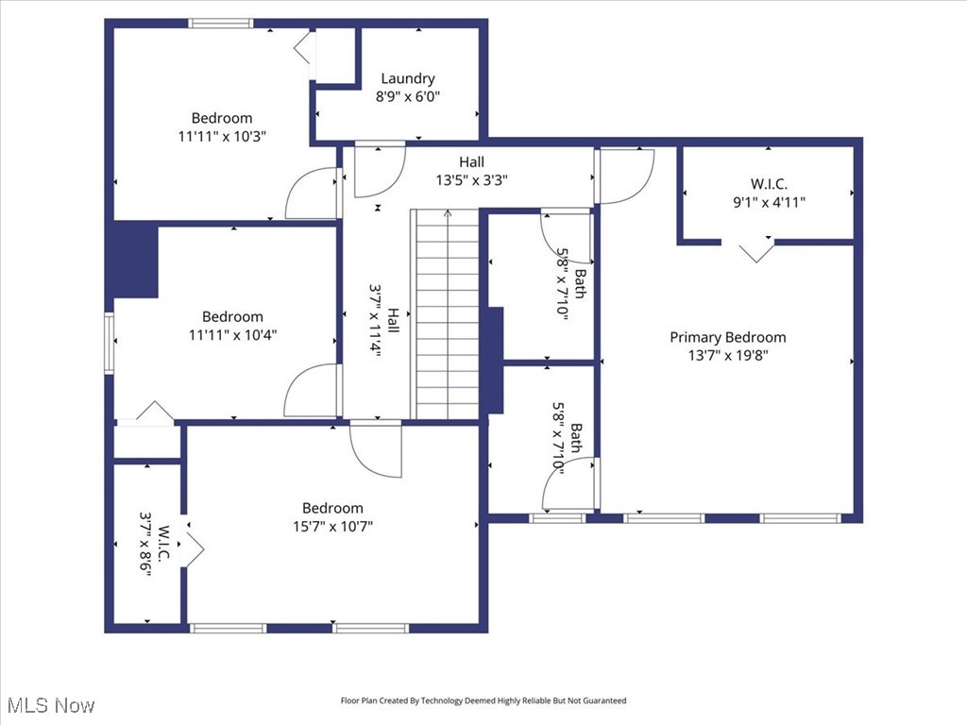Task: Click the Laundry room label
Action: tap(408, 79)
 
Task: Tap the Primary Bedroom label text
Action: tap(727, 337)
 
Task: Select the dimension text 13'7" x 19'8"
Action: tap(727, 355)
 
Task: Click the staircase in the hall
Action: tap(447, 313)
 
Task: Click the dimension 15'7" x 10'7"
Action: tap(332, 526)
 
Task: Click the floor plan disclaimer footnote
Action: tap(483, 700)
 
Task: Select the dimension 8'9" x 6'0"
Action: tap(408, 96)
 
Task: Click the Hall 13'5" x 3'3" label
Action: tap(472, 171)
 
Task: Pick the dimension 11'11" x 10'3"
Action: tap(222, 135)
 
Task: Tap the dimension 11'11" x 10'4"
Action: tap(232, 333)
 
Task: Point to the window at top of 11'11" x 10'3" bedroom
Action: tap(221, 24)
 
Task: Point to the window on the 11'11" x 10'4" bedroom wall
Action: tap(110, 344)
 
